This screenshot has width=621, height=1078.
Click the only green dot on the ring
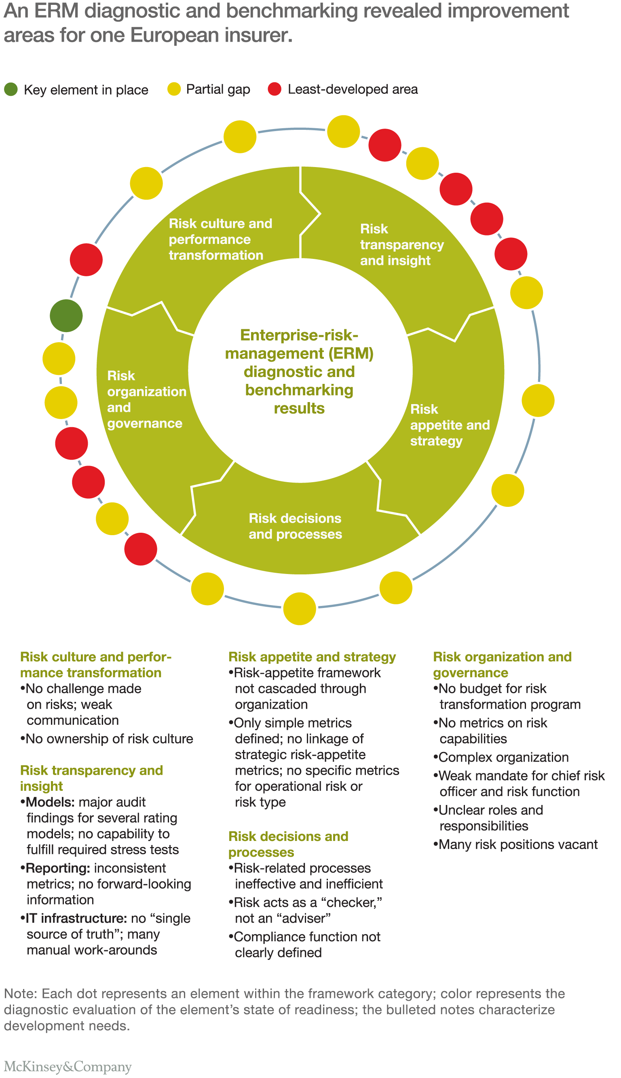coord(66,316)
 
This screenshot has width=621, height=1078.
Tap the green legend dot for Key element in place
coord(11,89)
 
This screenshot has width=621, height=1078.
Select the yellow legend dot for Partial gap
coord(174,89)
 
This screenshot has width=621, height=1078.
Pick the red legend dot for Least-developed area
coord(275,89)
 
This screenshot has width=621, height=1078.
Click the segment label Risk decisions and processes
coord(295,526)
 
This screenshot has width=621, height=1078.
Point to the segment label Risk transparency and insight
coord(401,244)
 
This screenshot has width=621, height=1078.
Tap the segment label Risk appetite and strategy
coord(450,424)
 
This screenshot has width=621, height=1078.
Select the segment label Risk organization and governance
coord(146,399)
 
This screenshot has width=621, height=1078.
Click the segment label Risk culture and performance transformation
coord(220,239)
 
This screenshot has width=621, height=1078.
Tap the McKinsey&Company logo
coord(68,1067)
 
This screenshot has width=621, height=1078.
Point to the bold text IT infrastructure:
coord(76,918)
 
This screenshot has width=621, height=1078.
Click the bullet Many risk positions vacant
coord(518,844)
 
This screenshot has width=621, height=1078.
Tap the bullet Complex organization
coord(503,757)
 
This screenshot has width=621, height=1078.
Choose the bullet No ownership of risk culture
coord(109,739)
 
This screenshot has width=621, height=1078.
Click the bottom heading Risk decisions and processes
coord(288,844)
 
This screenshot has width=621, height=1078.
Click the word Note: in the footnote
coord(21,993)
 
